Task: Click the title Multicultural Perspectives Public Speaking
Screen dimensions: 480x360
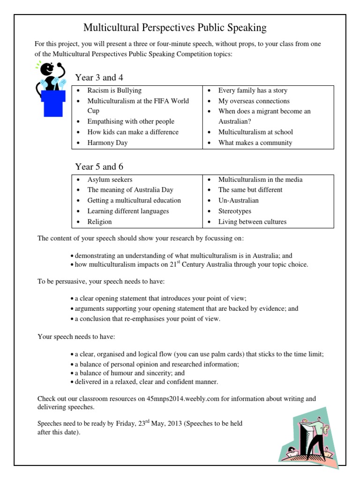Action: click(175, 28)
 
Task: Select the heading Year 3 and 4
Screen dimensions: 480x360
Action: click(99, 77)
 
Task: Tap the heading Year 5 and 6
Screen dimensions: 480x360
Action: click(99, 167)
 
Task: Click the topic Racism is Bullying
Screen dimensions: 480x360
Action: click(114, 90)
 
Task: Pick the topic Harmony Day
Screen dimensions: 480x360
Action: click(107, 142)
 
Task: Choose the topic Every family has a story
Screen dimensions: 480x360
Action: click(253, 90)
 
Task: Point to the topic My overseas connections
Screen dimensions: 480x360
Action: click(254, 101)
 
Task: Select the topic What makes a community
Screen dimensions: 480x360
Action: click(255, 142)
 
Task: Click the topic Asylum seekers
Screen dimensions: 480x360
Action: click(110, 180)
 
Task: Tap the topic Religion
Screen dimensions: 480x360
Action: click(99, 222)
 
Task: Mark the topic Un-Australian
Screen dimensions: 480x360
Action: click(238, 200)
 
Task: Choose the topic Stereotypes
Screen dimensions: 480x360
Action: click(234, 211)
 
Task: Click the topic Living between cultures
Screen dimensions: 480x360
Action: click(252, 222)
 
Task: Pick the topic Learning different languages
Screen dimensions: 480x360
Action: click(128, 211)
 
